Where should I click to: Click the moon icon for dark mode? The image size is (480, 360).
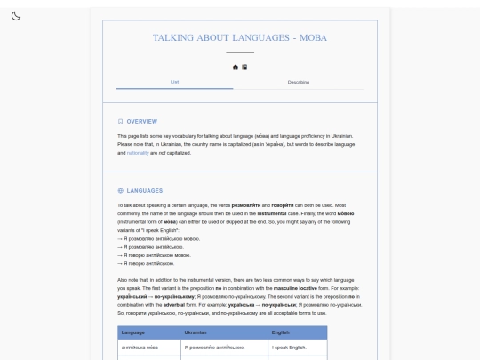16,16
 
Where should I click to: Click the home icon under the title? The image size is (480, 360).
236,67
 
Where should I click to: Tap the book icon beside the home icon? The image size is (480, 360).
244,67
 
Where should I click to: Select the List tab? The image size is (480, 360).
174,82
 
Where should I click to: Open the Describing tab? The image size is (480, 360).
299,82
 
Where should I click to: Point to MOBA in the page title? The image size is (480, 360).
313,38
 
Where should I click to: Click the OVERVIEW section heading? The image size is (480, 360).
141,121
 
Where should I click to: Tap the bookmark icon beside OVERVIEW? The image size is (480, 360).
121,121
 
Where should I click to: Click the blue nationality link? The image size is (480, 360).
138,152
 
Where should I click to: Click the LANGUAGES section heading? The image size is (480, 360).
145,190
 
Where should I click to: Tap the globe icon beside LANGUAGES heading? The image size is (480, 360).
121,190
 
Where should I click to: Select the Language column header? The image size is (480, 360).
132,332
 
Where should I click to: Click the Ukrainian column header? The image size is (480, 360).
196,332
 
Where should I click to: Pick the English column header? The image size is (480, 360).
281,332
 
